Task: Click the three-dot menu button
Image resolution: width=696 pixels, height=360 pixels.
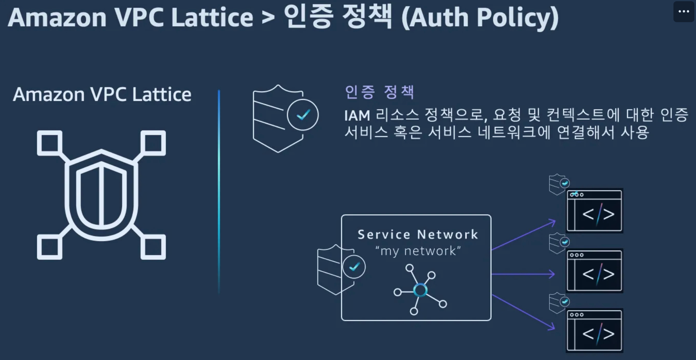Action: pyautogui.click(x=684, y=11)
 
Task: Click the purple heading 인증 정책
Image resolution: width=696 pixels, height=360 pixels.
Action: pyautogui.click(x=379, y=92)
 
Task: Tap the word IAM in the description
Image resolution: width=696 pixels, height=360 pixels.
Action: pyautogui.click(x=357, y=116)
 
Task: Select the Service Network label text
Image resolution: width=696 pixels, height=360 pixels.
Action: pyautogui.click(x=418, y=234)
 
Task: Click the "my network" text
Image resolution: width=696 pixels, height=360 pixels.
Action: pyautogui.click(x=418, y=251)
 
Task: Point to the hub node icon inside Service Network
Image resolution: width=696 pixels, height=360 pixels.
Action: pyautogui.click(x=420, y=290)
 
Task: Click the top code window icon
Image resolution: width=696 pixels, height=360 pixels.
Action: pyautogui.click(x=594, y=211)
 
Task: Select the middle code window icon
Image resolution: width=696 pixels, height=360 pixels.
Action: pyautogui.click(x=594, y=271)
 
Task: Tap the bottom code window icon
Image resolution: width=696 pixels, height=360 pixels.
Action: pyautogui.click(x=594, y=331)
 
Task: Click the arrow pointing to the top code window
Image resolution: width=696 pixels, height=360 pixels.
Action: pyautogui.click(x=524, y=235)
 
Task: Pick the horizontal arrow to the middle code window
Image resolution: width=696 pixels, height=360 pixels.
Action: pyautogui.click(x=523, y=274)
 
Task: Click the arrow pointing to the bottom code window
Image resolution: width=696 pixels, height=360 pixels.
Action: pyautogui.click(x=524, y=312)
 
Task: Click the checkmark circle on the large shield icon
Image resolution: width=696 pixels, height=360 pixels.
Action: pyautogui.click(x=303, y=115)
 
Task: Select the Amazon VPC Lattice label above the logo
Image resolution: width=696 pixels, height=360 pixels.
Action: pyautogui.click(x=102, y=95)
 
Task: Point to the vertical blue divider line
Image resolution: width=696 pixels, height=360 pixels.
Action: pyautogui.click(x=219, y=192)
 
